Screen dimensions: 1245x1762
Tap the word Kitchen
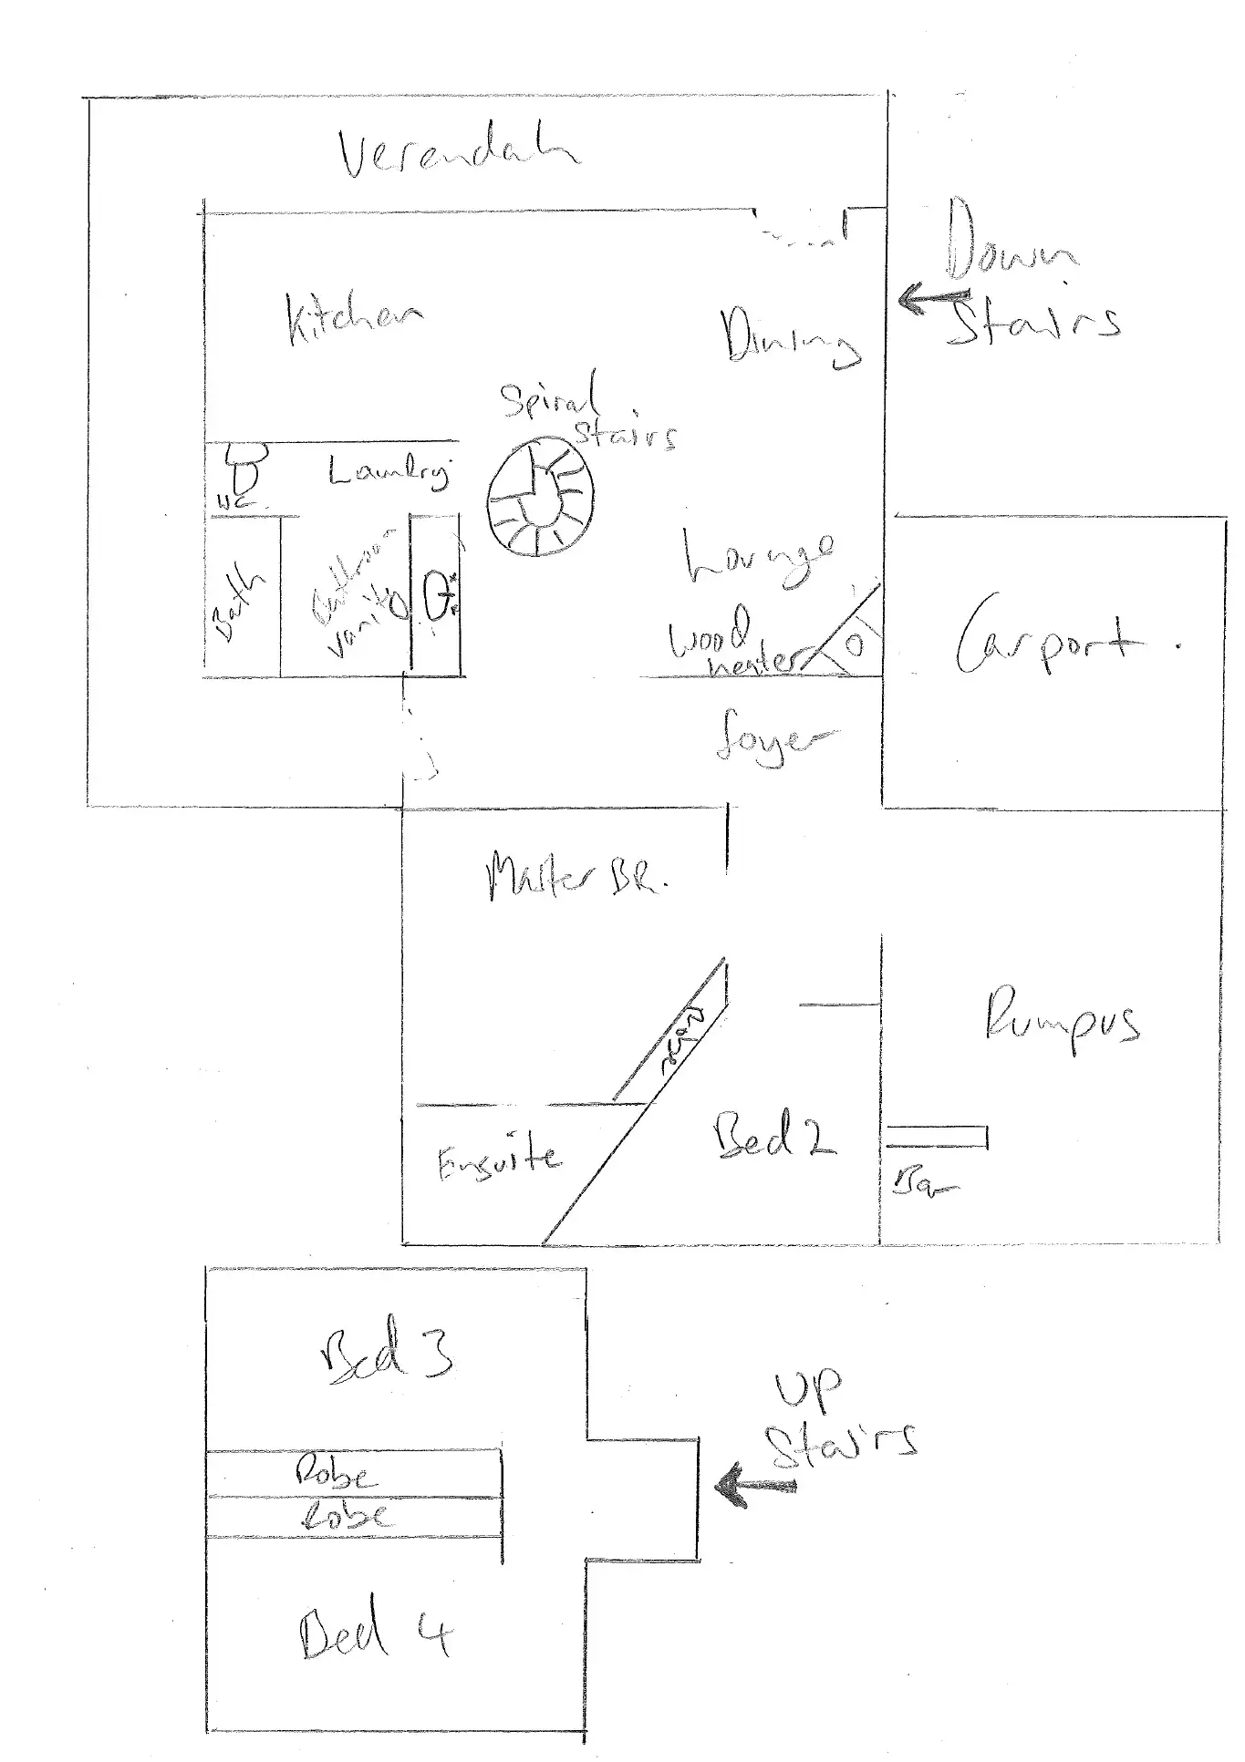click(x=354, y=318)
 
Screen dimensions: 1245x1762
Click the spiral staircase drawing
click(x=540, y=499)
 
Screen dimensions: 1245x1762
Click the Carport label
click(x=1049, y=638)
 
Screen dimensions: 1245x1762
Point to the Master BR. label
click(x=577, y=875)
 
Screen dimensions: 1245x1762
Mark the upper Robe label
click(x=336, y=1474)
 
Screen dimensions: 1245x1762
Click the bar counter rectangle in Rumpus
click(x=937, y=1137)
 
